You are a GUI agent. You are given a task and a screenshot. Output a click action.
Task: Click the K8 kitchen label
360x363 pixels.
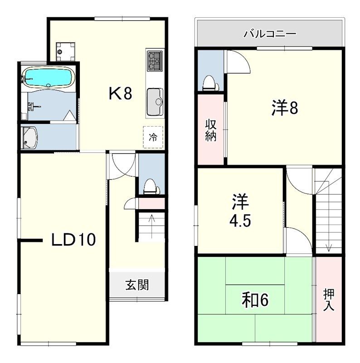coord(120,94)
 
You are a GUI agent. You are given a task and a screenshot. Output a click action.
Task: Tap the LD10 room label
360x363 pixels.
coord(73,240)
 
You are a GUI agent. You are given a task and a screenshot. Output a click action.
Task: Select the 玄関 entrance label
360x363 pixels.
coord(137,285)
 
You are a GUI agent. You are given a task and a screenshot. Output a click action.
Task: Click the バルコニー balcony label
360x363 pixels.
coord(270,34)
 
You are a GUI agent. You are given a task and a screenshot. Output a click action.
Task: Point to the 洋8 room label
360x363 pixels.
coord(285,108)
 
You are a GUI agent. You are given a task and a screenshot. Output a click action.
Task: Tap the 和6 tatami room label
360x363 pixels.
coord(255,300)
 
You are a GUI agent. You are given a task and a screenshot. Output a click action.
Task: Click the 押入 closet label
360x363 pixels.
coord(329,299)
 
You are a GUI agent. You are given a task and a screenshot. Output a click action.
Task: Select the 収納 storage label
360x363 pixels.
coord(211,130)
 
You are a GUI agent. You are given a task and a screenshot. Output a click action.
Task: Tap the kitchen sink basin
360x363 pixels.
coord(155,102)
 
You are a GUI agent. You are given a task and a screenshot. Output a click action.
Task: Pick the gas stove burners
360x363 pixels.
coord(154,61)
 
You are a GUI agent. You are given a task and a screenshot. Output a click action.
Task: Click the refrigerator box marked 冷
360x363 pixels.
coord(153,137)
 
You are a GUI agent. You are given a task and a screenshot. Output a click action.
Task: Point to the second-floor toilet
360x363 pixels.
coord(210,83)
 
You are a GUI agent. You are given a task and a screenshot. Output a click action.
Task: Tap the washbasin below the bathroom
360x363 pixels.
coord(29,137)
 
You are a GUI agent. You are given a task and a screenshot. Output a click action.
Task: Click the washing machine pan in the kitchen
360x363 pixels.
coord(65,51)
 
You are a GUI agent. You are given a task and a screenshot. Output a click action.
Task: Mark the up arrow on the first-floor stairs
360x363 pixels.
coord(151,226)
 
